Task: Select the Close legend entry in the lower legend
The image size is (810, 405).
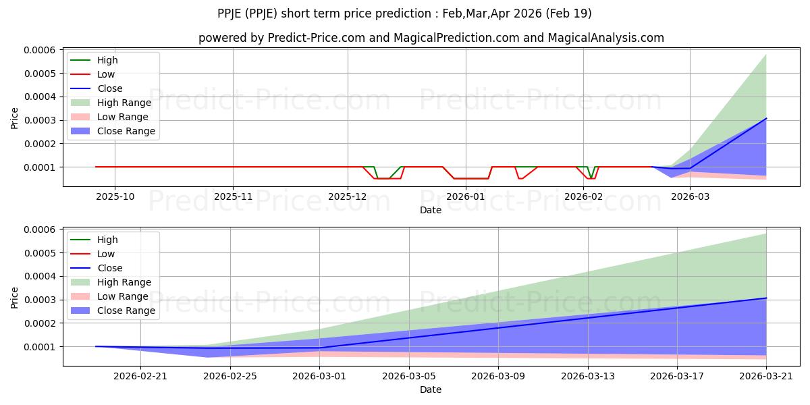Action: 110,268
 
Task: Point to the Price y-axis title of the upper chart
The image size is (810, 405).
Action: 15,118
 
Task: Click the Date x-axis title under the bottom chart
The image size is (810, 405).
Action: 431,389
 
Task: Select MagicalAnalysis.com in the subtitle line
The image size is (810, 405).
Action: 605,38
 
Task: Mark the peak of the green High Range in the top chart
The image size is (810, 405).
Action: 766,55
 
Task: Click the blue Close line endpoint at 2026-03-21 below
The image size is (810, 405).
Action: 766,298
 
